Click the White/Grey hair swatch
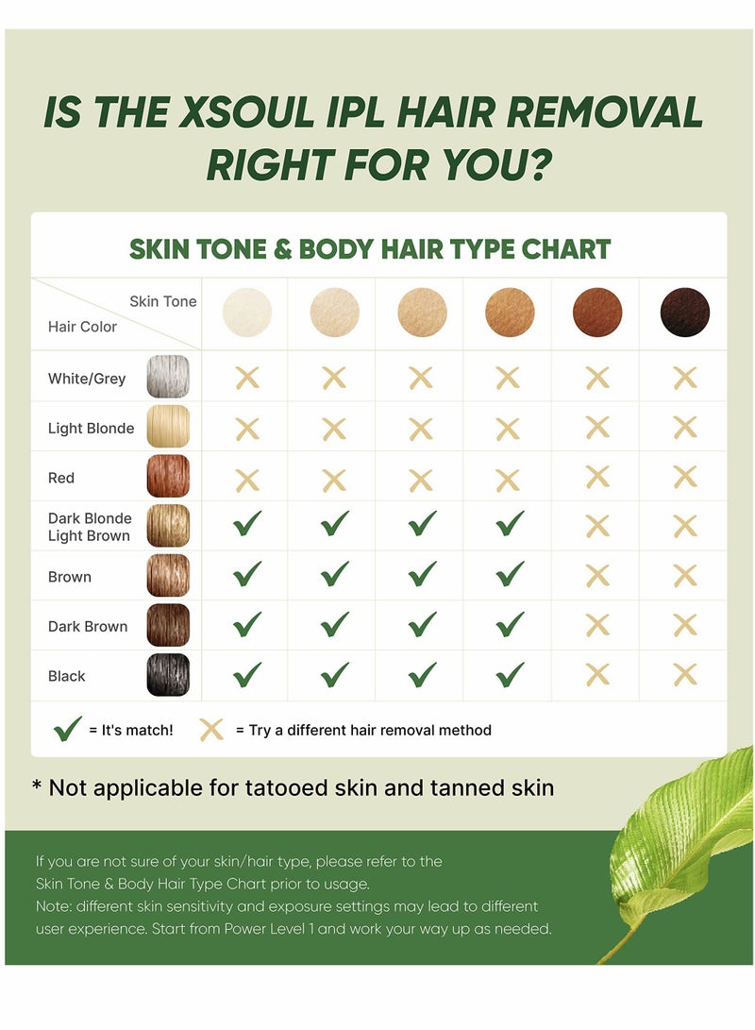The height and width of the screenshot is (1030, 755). click(x=168, y=377)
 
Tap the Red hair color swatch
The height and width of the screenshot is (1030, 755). click(x=168, y=477)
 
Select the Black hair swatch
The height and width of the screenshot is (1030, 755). click(x=168, y=675)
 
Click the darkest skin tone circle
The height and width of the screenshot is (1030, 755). click(x=684, y=312)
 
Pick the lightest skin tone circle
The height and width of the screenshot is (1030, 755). click(x=247, y=312)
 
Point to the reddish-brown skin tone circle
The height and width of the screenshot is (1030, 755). click(x=597, y=312)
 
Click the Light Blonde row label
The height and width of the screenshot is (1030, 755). click(x=91, y=428)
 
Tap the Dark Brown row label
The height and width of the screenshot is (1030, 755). click(x=88, y=626)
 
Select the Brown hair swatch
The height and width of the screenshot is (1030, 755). click(x=168, y=576)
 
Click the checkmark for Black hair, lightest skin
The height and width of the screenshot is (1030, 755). click(x=247, y=674)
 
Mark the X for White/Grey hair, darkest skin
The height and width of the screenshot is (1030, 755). click(x=684, y=378)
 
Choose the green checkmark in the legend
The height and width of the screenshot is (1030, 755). click(x=68, y=729)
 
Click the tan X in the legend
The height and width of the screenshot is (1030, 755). click(x=211, y=729)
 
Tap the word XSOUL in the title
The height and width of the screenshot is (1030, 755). click(x=259, y=113)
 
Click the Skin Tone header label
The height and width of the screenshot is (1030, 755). click(x=163, y=301)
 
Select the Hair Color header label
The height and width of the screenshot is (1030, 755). click(x=82, y=327)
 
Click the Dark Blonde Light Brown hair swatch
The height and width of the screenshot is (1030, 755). click(x=168, y=526)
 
